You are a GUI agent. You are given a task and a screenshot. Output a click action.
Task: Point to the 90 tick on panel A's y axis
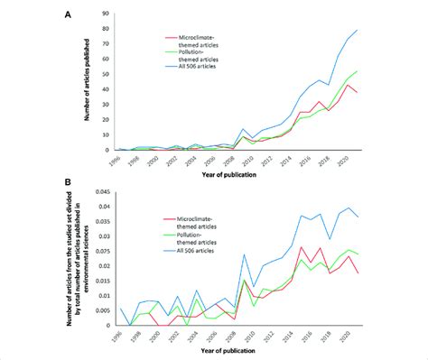[107, 14]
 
